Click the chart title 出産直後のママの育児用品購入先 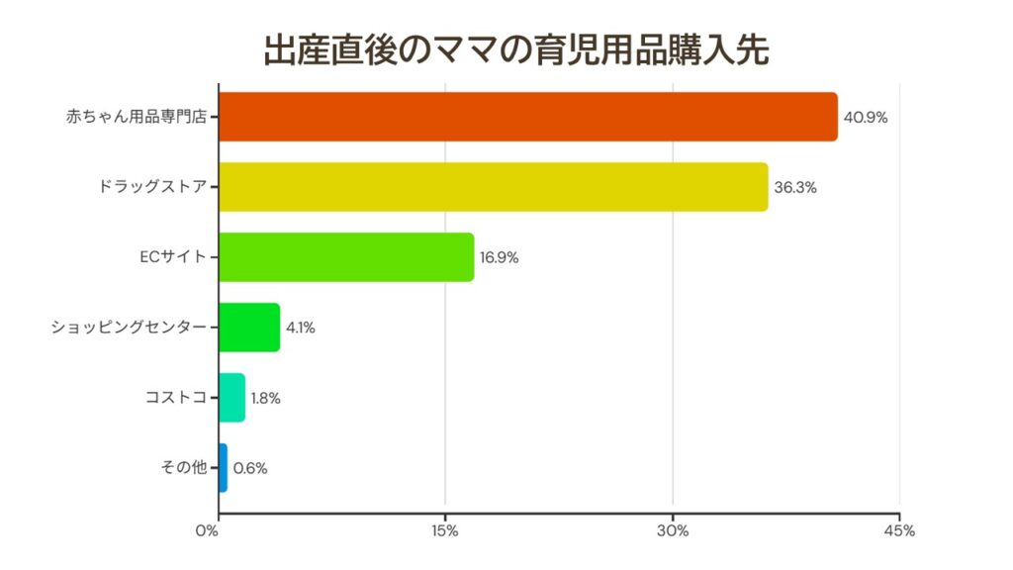point(515,49)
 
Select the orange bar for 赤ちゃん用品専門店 point(527,117)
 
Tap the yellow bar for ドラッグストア point(493,187)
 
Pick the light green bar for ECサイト point(346,257)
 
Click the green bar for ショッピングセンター point(249,328)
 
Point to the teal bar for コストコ point(231,398)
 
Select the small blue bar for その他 point(223,468)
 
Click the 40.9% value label point(866,117)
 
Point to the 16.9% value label point(500,257)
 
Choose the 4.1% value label point(301,328)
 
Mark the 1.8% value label point(266,398)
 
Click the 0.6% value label point(249,468)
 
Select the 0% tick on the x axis point(207,531)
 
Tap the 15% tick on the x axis point(445,531)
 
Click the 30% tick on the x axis point(673,531)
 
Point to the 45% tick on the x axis point(900,531)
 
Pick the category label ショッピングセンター point(130,328)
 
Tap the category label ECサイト point(173,257)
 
